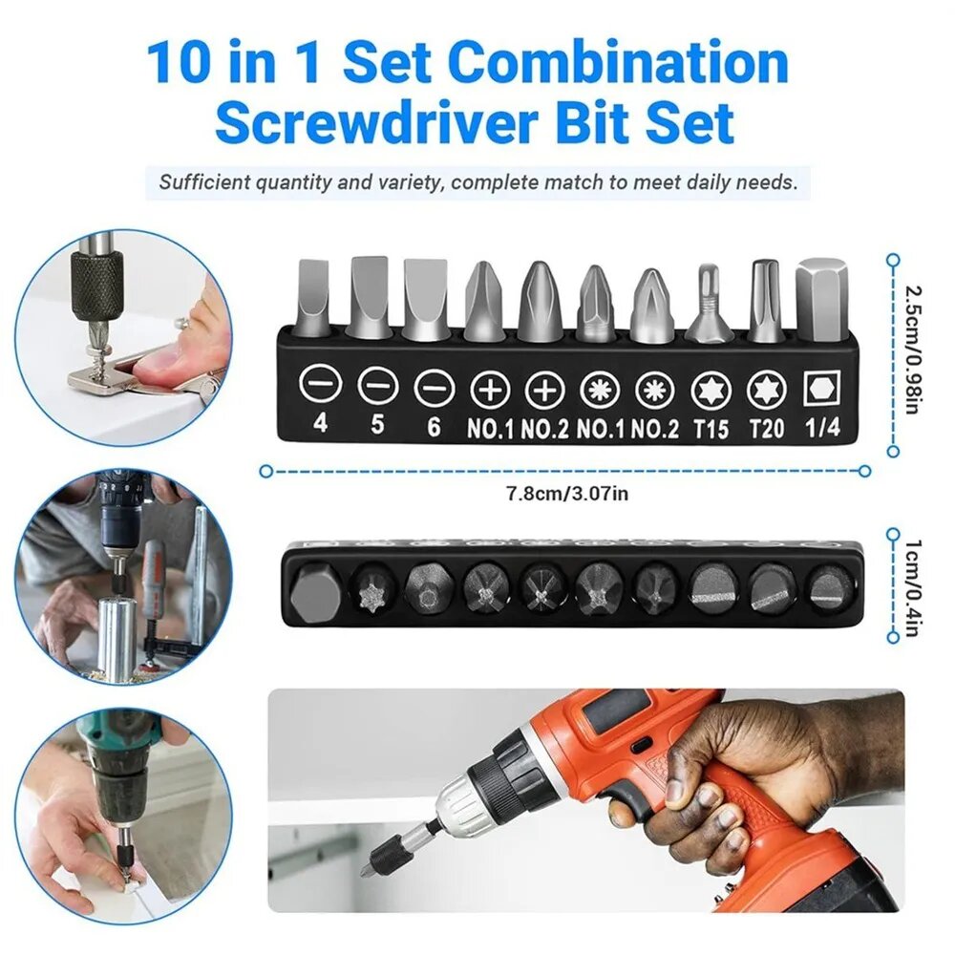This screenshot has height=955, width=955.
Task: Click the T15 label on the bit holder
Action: (x=711, y=428)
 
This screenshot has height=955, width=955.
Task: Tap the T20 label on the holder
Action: (x=766, y=428)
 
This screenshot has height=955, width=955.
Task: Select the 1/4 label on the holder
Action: (x=822, y=427)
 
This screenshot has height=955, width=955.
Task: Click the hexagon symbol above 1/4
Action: (x=821, y=388)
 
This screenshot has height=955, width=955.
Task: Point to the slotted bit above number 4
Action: (x=313, y=298)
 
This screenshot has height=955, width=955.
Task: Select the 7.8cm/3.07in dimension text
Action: (x=567, y=493)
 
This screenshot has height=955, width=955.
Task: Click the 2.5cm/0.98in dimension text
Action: (x=911, y=350)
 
